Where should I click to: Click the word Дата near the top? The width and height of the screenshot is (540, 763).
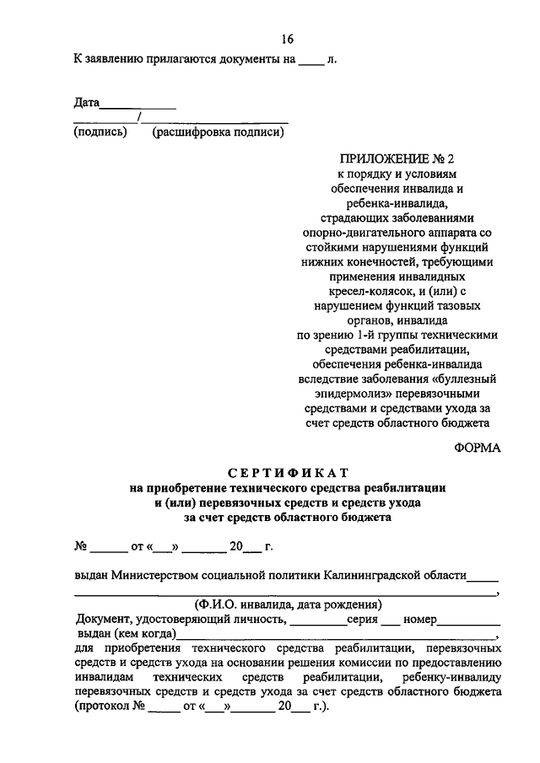pyautogui.click(x=87, y=104)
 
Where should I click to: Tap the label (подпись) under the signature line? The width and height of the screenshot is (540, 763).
pyautogui.click(x=100, y=132)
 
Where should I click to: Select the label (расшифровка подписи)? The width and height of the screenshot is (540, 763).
pyautogui.click(x=218, y=132)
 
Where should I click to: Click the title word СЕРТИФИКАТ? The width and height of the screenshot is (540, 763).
pyautogui.click(x=287, y=472)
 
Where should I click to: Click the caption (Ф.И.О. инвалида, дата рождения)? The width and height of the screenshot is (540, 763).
pyautogui.click(x=288, y=604)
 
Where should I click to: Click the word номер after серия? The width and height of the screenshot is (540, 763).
pyautogui.click(x=420, y=619)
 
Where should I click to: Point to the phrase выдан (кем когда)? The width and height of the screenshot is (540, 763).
pyautogui.click(x=127, y=633)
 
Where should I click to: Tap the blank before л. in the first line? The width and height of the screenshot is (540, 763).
pyautogui.click(x=311, y=62)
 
